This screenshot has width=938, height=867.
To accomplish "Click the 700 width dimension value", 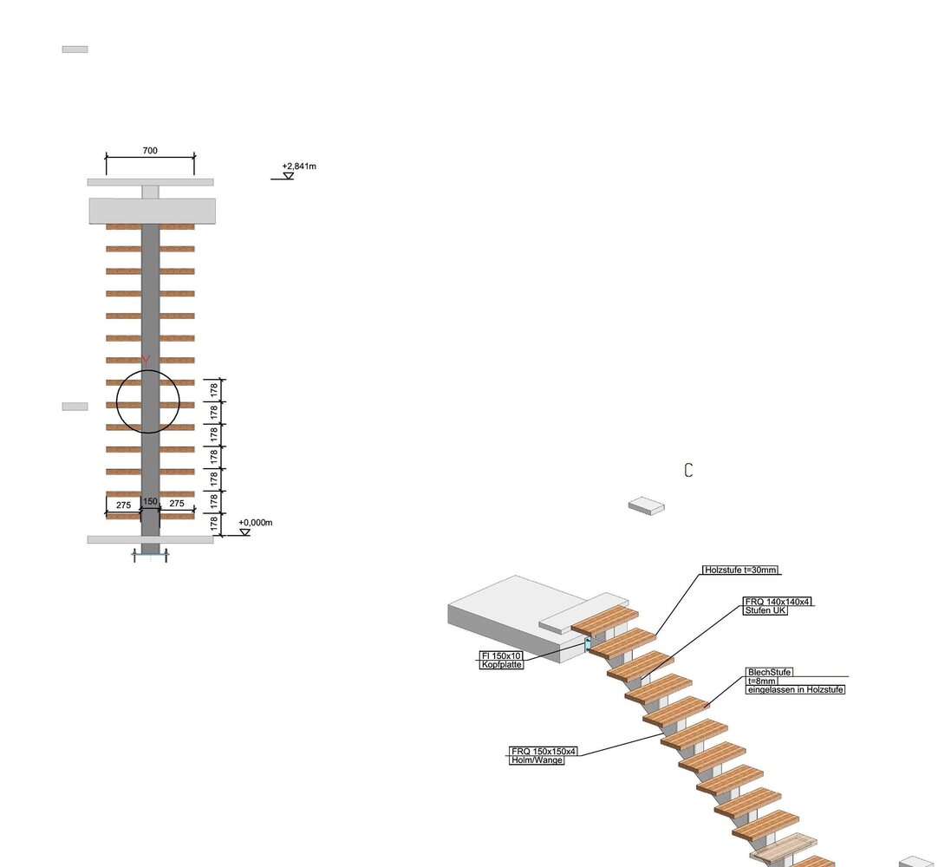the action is point(150,150).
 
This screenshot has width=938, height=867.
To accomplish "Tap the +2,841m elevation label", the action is point(299,166).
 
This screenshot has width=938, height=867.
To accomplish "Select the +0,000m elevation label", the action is point(256,522).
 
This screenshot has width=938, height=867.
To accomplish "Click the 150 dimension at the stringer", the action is point(150,501).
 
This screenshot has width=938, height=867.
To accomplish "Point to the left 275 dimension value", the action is point(123,505).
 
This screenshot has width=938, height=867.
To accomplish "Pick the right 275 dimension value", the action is point(177,503).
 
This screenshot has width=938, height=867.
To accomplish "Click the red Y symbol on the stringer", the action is point(146,360).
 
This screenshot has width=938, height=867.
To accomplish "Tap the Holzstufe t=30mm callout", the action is point(740,570).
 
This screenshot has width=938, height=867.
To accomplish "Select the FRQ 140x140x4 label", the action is point(778,602).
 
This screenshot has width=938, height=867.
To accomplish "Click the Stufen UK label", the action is point(765,610).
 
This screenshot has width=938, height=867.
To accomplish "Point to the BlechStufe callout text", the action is point(769,672).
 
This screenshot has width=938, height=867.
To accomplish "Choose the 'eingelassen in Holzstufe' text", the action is point(796,689).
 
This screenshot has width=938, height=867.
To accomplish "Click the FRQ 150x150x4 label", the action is point(544,751).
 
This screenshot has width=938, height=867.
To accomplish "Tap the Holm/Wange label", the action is point(537,759).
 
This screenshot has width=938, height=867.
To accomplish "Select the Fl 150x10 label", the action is point(501,655).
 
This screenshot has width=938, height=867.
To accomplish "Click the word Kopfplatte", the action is point(501,665).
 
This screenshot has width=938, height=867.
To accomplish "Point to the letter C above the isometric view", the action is point(688,470).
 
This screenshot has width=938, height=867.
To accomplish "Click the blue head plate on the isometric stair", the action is point(588,645).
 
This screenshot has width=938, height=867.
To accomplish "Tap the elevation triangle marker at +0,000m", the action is point(244,532).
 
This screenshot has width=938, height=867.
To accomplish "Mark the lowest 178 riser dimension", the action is point(214,524).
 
